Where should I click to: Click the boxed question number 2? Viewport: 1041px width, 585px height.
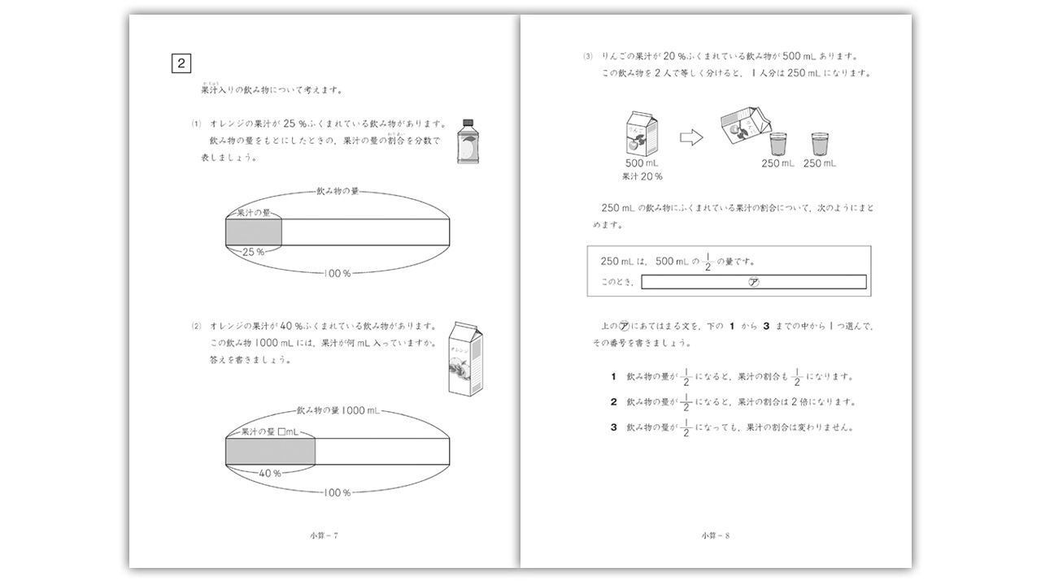click(x=181, y=63)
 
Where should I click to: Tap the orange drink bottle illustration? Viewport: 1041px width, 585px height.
click(x=467, y=141)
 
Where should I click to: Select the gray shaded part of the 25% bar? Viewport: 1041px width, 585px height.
click(x=253, y=232)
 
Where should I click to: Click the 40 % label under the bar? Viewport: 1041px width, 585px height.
click(x=269, y=473)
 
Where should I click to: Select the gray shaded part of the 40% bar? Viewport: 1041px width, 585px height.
click(x=270, y=450)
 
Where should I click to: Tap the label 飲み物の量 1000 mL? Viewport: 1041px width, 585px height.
click(x=338, y=411)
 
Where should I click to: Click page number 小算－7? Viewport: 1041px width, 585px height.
click(x=324, y=535)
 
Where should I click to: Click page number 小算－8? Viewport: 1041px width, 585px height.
click(x=716, y=535)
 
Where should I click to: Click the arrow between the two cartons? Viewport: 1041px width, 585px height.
click(x=690, y=138)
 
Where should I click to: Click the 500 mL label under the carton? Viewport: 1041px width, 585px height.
click(x=641, y=163)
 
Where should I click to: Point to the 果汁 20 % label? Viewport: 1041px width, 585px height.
click(x=642, y=175)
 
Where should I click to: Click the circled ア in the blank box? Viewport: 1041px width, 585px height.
click(x=753, y=282)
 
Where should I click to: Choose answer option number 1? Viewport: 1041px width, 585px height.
click(x=614, y=377)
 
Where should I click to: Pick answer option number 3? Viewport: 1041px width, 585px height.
click(x=614, y=427)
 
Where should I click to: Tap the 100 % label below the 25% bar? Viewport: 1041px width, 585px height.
click(x=337, y=274)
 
